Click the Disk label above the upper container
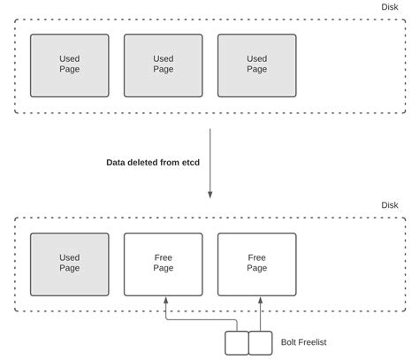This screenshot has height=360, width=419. [390, 7]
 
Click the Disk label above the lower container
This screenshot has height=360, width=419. [390, 205]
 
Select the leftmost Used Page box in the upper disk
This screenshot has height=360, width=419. [70, 65]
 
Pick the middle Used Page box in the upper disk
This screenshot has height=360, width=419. [164, 65]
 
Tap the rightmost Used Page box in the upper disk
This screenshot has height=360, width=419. [256, 65]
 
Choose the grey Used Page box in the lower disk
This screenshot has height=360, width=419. [70, 264]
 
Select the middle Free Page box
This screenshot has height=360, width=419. [164, 264]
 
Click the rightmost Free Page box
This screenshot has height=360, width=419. [256, 264]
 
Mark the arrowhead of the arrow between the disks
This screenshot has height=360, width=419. [210, 194]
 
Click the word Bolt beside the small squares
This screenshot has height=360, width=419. [288, 341]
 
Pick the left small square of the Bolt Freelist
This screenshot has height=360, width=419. [236, 342]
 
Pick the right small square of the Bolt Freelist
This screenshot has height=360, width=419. [260, 342]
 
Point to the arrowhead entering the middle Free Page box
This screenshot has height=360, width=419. [164, 301]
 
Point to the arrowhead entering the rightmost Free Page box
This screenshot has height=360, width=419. [262, 301]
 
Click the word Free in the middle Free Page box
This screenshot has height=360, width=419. [164, 257]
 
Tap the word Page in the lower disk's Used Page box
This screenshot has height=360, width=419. [70, 269]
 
